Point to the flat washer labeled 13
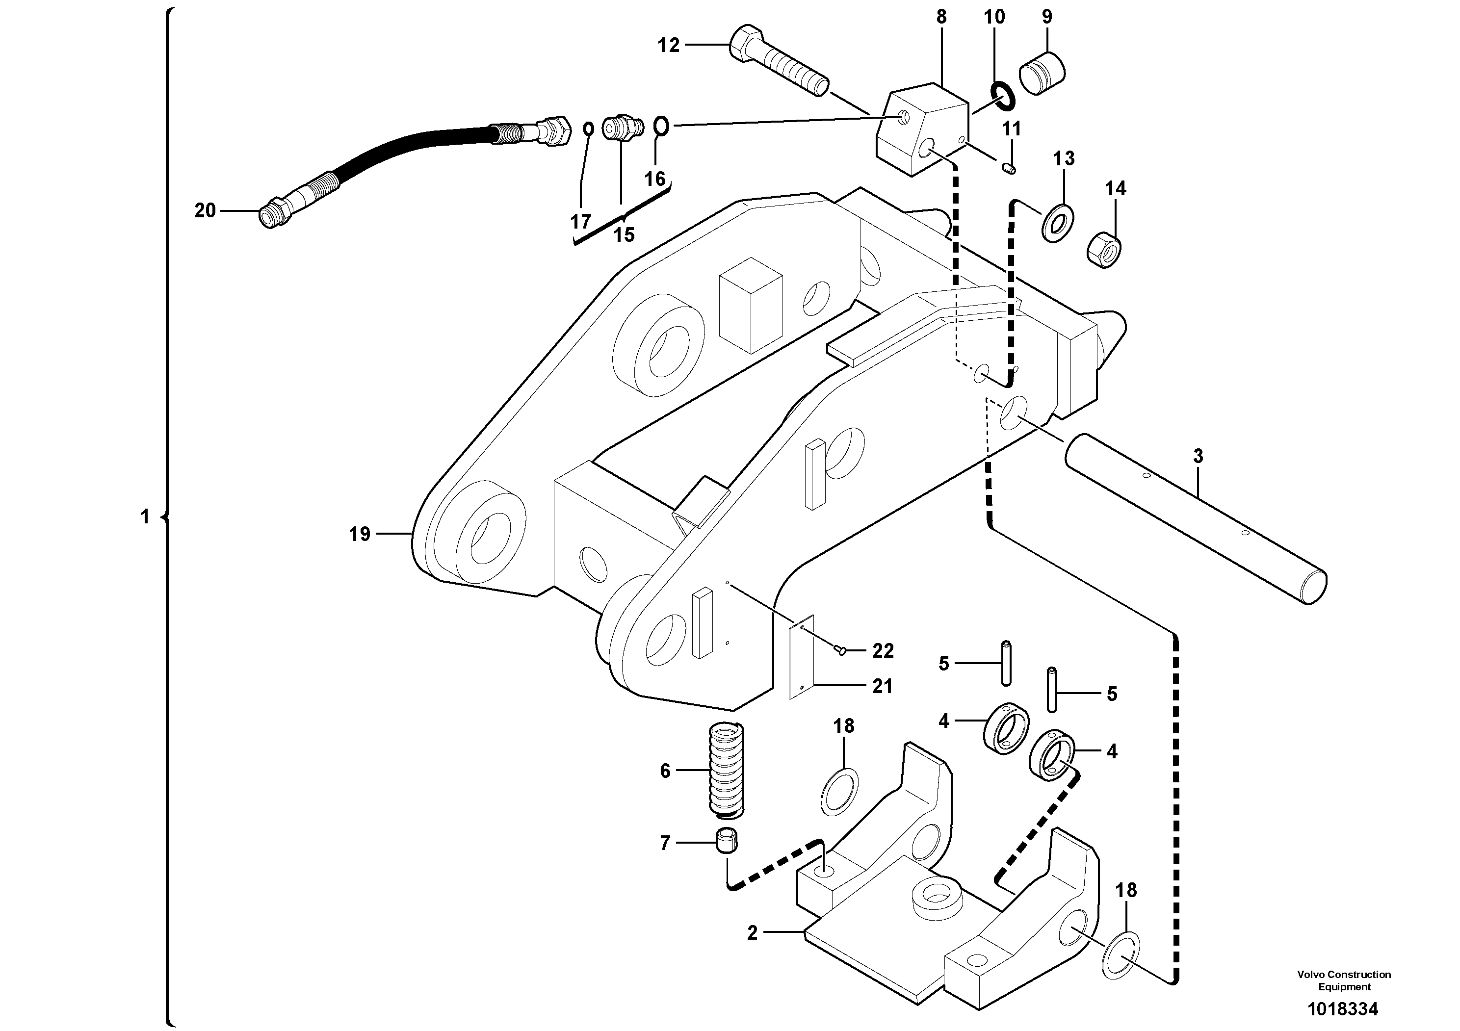click(x=1058, y=223)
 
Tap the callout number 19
click(x=359, y=534)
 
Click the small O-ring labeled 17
click(x=589, y=129)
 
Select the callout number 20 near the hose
click(x=205, y=210)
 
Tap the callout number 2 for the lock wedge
click(x=752, y=932)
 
